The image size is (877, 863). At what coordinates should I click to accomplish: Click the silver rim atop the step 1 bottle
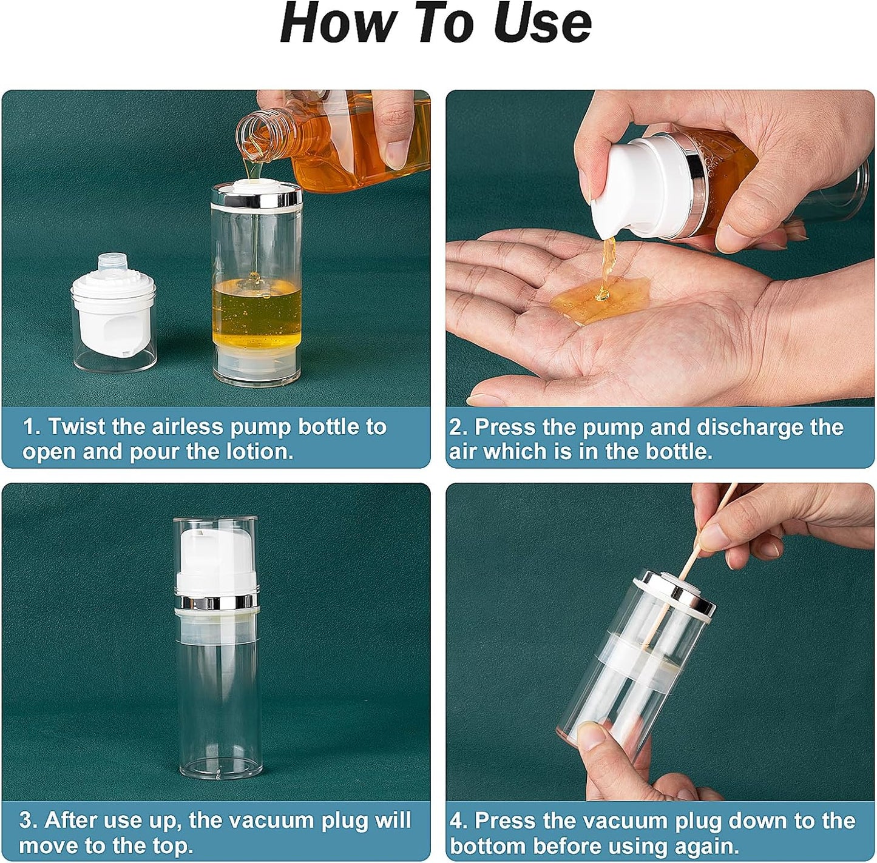coord(256,196)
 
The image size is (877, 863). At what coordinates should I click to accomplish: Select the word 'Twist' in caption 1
coord(77,426)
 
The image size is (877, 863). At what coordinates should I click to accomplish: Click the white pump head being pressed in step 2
coord(631,182)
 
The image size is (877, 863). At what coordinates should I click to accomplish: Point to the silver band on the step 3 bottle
coord(216,602)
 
